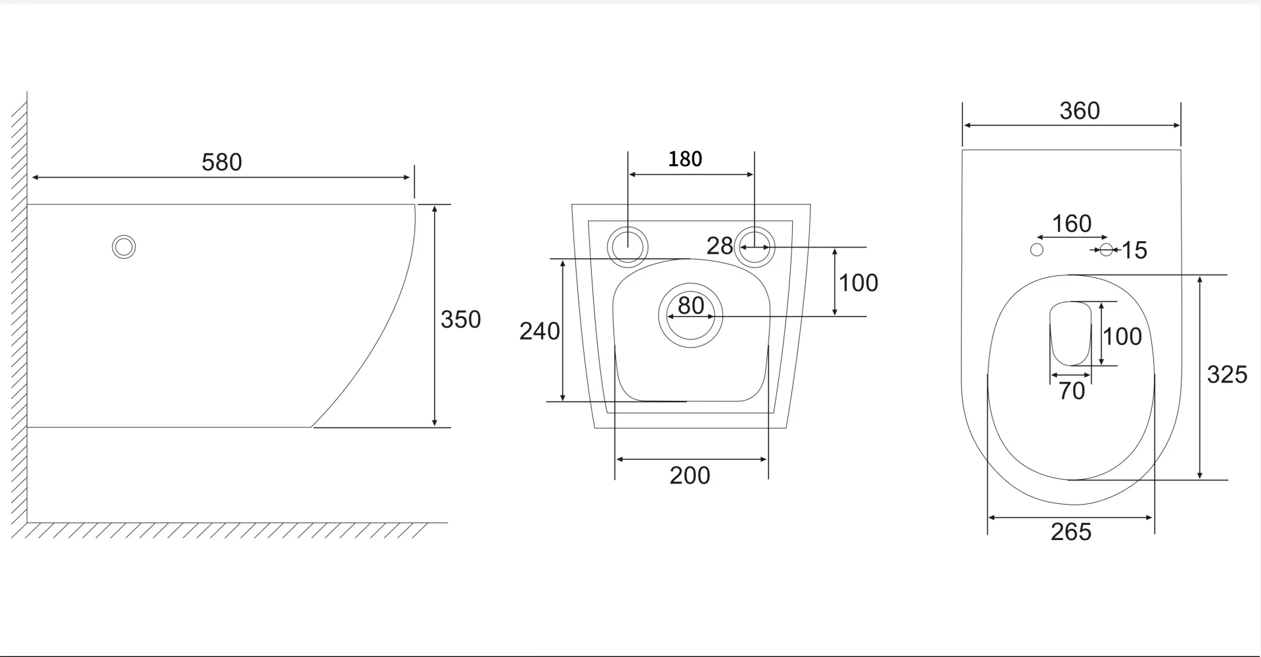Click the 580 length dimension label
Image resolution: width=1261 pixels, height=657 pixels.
point(222,162)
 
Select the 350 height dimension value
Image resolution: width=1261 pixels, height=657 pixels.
point(460,319)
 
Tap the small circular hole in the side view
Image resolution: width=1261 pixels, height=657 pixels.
point(123,247)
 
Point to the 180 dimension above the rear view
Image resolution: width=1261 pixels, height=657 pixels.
point(685,159)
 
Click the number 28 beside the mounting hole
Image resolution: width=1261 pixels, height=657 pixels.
point(719,246)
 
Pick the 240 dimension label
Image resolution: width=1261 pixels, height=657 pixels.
point(539,331)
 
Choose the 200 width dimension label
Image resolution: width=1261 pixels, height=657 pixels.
point(690,476)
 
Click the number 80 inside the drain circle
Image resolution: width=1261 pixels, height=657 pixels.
point(691,306)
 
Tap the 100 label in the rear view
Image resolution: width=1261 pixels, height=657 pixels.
point(858,283)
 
